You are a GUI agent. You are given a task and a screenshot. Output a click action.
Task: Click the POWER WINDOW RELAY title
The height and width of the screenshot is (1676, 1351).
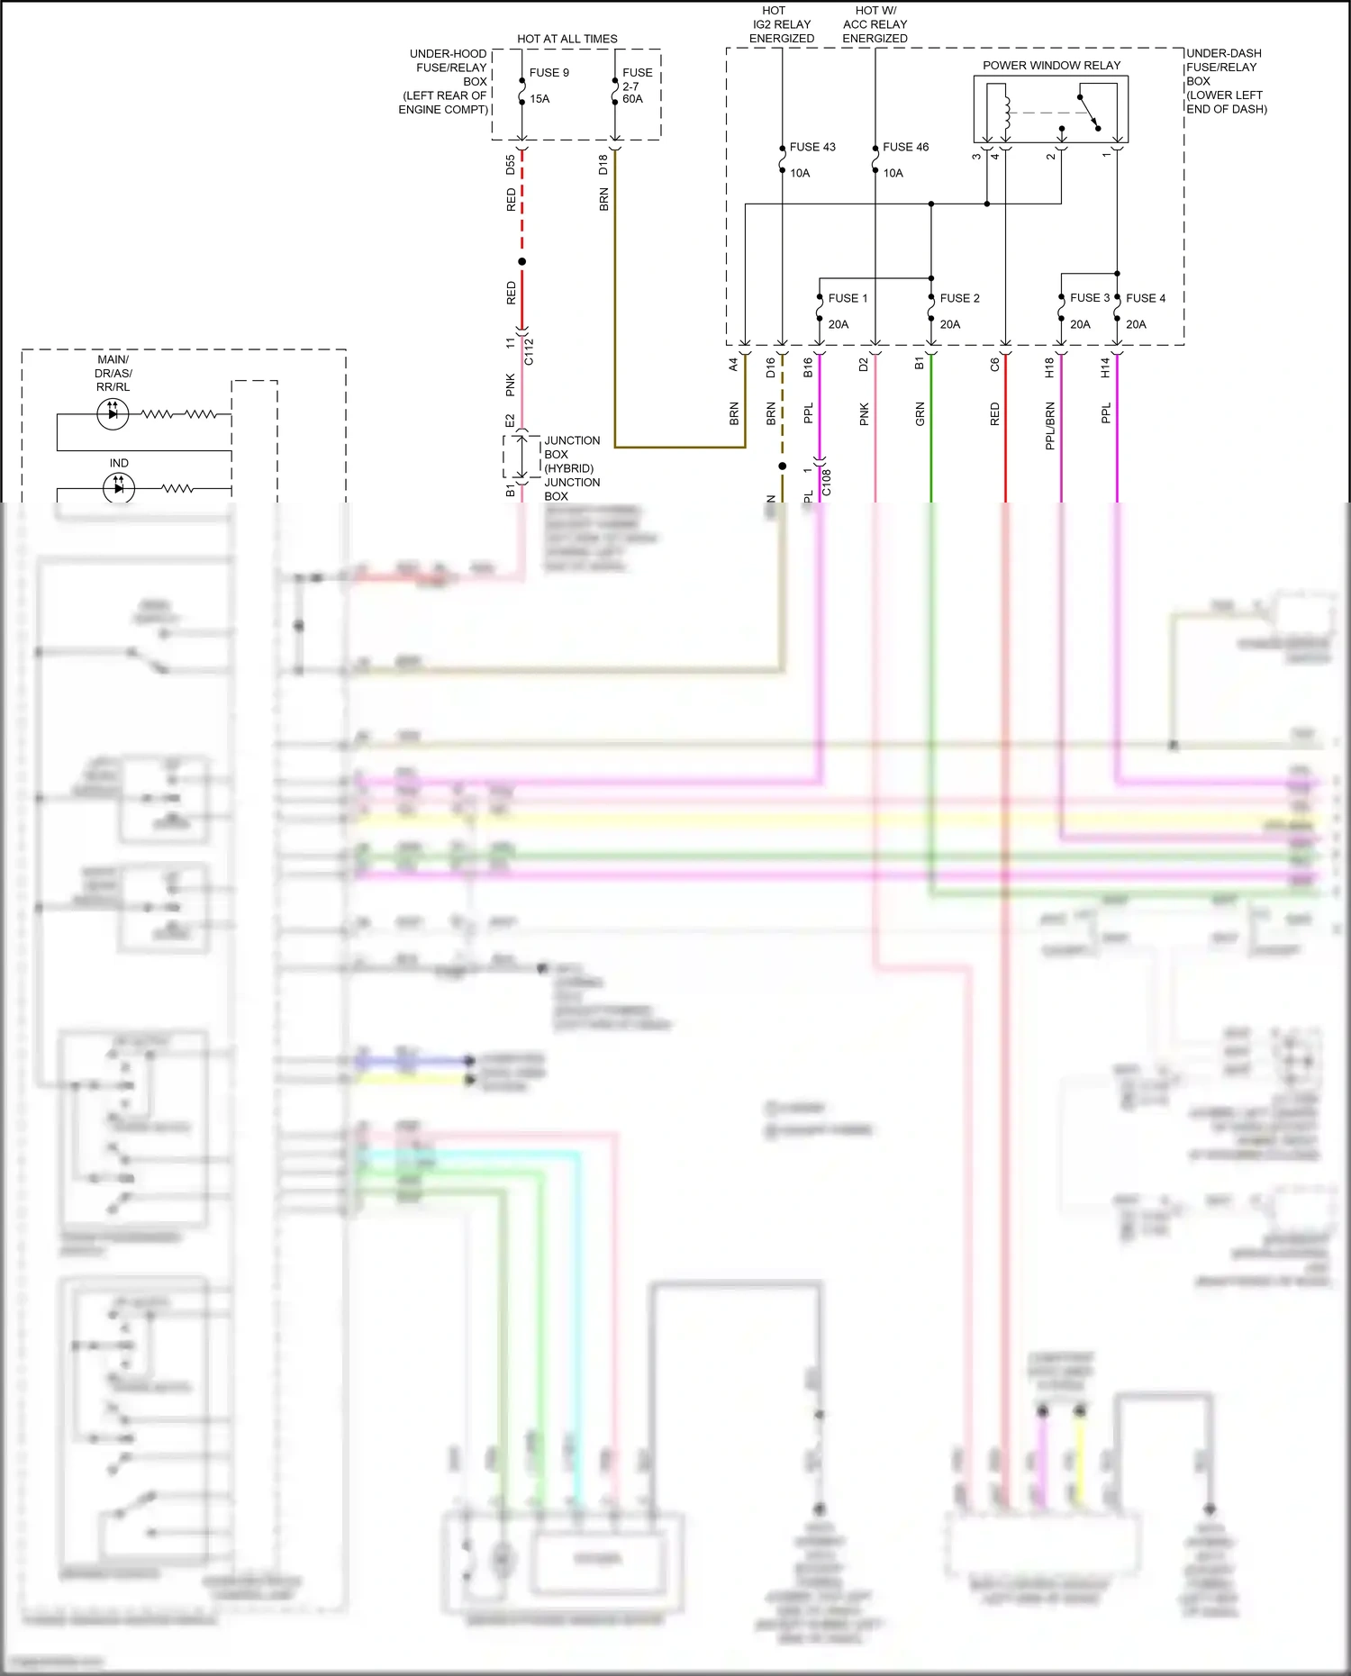pyautogui.click(x=1051, y=65)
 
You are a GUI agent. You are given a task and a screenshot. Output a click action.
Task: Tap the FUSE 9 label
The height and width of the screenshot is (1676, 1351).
pyautogui.click(x=549, y=72)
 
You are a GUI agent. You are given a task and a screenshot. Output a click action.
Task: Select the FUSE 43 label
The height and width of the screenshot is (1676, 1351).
pyautogui.click(x=812, y=147)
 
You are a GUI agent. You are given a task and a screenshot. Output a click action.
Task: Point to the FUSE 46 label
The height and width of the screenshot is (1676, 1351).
pyautogui.click(x=905, y=147)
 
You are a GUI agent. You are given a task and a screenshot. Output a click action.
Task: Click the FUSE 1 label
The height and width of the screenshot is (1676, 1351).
pyautogui.click(x=848, y=298)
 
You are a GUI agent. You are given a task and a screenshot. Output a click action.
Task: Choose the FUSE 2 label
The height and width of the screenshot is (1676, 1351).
pyautogui.click(x=959, y=298)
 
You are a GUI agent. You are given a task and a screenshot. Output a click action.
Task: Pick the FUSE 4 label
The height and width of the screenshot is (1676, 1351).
pyautogui.click(x=1145, y=298)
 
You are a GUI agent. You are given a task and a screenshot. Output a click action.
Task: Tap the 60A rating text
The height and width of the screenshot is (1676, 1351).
pyautogui.click(x=632, y=99)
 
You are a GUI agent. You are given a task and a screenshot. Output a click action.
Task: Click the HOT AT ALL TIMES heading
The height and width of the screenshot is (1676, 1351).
pyautogui.click(x=567, y=39)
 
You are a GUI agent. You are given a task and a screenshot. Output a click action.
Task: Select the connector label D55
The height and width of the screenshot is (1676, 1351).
pyautogui.click(x=511, y=165)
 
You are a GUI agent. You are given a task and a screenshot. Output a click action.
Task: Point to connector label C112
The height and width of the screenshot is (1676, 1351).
pyautogui.click(x=529, y=351)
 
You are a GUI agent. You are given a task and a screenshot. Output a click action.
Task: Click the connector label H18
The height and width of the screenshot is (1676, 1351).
pyautogui.click(x=1049, y=367)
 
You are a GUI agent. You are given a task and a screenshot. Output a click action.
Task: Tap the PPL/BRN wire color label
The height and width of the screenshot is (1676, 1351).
pyautogui.click(x=1049, y=426)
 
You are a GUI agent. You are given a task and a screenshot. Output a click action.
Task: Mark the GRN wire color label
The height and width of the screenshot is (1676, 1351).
pyautogui.click(x=920, y=414)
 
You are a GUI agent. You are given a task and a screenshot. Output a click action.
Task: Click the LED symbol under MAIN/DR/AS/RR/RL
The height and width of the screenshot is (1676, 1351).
pyautogui.click(x=113, y=413)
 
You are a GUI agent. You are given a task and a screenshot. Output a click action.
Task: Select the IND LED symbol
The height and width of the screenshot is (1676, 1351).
pyautogui.click(x=119, y=488)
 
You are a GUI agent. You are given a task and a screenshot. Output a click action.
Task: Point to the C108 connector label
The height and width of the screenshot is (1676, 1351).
pyautogui.click(x=827, y=483)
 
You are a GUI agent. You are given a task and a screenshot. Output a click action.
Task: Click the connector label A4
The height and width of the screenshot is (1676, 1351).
pyautogui.click(x=733, y=365)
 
